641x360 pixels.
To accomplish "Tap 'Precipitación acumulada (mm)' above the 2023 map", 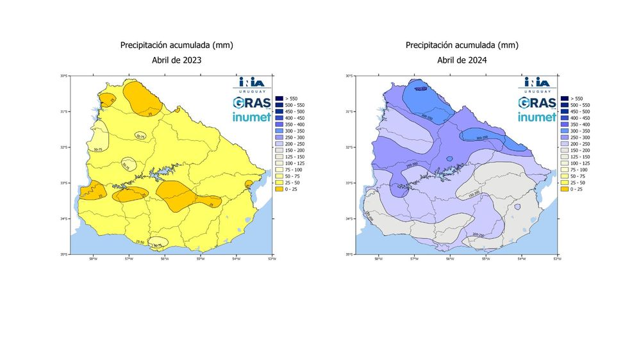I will pyautogui.click(x=176, y=45).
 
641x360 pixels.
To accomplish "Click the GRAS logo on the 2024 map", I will pyautogui.click(x=537, y=103).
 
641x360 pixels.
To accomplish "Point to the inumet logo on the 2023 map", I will pyautogui.click(x=251, y=117).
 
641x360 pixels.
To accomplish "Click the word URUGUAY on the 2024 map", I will pyautogui.click(x=537, y=91).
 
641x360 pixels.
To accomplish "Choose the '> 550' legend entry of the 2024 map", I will pyautogui.click(x=578, y=97).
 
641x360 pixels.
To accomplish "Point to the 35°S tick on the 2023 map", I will pyautogui.click(x=63, y=254).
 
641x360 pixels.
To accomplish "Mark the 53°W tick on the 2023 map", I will pyautogui.click(x=272, y=259).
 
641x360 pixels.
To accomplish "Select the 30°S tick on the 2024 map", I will pyautogui.click(x=349, y=76).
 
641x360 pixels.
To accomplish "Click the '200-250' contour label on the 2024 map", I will pyautogui.click(x=478, y=234).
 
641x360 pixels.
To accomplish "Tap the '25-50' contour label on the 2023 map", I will pyautogui.click(x=140, y=241).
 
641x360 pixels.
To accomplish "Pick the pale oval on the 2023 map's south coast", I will pyautogui.click(x=158, y=243).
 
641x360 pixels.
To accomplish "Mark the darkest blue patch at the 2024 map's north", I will pyautogui.click(x=420, y=89).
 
